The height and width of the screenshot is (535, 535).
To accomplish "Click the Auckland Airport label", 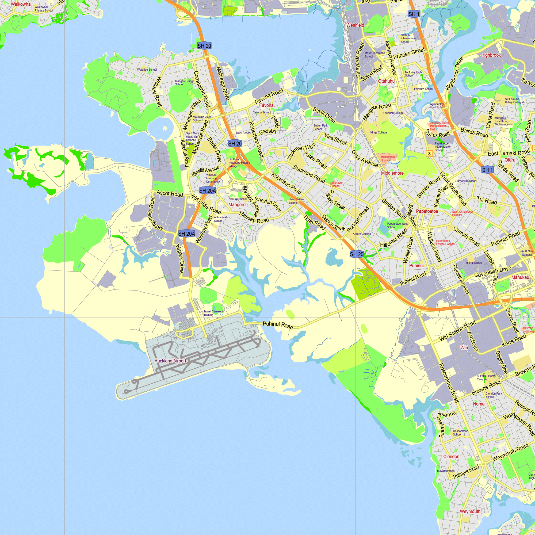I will tap(170, 361).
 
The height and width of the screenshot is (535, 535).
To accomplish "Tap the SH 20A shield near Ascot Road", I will tap(207, 190).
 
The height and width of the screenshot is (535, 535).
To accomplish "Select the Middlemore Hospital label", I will tap(387, 158).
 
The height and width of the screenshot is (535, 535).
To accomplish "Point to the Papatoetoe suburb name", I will tap(427, 211).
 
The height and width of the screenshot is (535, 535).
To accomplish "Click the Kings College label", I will tap(378, 133).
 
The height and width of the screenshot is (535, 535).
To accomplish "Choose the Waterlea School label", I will tap(147, 70).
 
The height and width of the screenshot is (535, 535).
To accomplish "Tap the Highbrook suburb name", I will tap(491, 55).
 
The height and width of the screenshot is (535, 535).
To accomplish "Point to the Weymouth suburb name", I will tap(470, 511).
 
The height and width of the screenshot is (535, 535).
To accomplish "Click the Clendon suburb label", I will tap(451, 457).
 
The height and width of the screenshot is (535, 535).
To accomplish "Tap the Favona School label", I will tap(261, 112).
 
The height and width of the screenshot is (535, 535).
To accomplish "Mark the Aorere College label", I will tap(362, 234).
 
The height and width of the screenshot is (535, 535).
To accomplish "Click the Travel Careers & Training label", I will tap(213, 313).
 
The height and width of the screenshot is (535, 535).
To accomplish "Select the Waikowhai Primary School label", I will tap(44, 9).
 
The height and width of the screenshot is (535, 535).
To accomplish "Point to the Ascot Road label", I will tap(170, 194).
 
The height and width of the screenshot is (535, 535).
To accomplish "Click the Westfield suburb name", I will tap(355, 25).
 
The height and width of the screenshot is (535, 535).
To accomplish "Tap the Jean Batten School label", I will tap(296, 201).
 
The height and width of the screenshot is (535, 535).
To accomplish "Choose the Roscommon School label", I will tap(460, 433).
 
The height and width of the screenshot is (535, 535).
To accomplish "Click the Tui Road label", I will tap(487, 200).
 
